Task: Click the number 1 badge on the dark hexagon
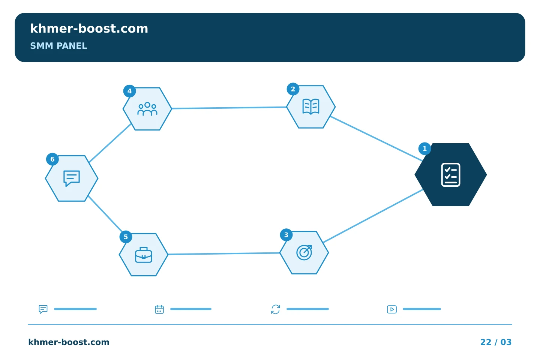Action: click(x=424, y=148)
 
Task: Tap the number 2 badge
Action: click(x=293, y=89)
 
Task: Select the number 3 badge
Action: click(x=286, y=235)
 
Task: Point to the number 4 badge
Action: click(x=129, y=91)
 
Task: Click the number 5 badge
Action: click(x=126, y=237)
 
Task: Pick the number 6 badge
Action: click(x=52, y=159)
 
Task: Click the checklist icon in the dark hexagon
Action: click(x=451, y=175)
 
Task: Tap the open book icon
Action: click(x=311, y=106)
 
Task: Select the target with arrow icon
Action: click(x=304, y=252)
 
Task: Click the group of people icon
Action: click(x=147, y=109)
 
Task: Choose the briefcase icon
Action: click(x=143, y=255)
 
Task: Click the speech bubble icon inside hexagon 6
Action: click(x=71, y=178)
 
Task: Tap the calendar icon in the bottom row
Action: click(x=159, y=309)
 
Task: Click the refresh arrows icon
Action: click(x=276, y=309)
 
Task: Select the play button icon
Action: click(x=392, y=309)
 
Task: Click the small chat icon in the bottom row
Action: click(x=43, y=309)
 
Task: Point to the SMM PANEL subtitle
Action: click(x=58, y=46)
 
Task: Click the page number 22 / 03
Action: click(x=496, y=342)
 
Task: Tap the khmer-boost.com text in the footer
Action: click(x=69, y=342)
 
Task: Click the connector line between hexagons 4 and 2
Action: click(x=229, y=108)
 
